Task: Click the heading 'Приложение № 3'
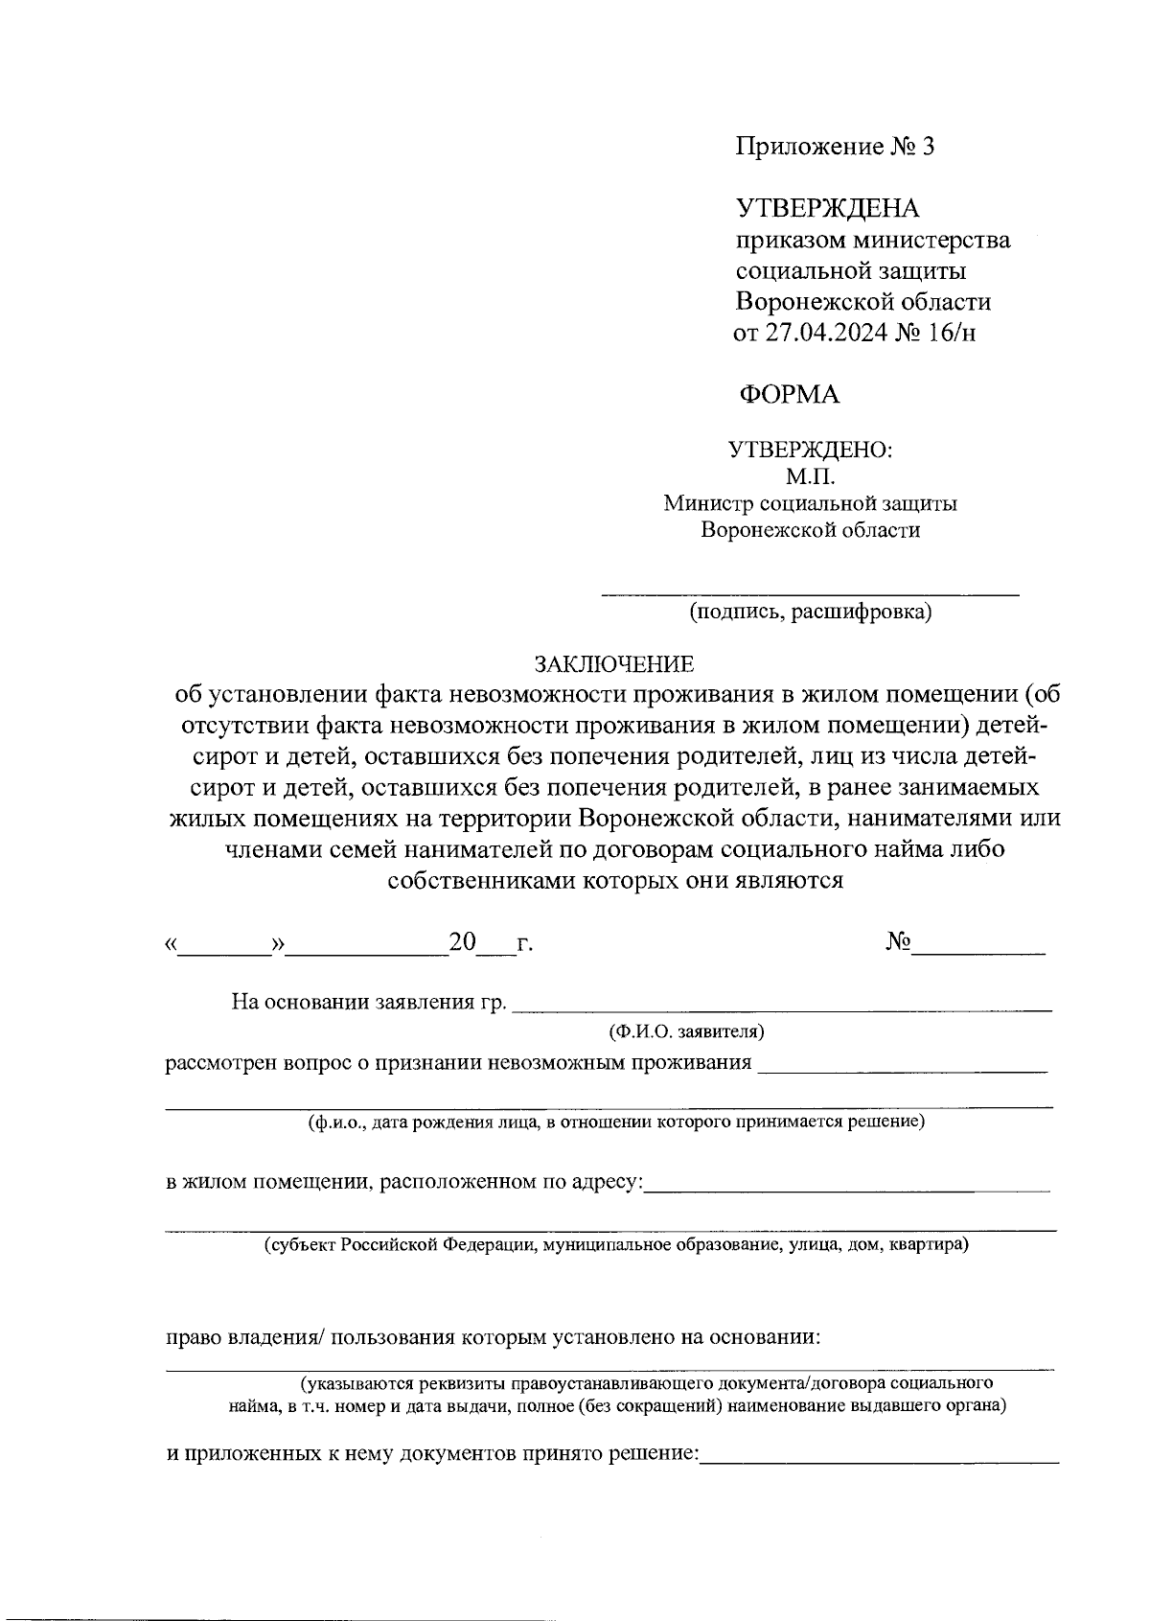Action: coord(834,148)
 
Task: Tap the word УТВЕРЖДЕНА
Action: coord(827,208)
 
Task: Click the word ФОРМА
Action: coord(789,394)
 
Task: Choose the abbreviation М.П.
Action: coord(811,476)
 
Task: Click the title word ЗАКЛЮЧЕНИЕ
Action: coord(613,664)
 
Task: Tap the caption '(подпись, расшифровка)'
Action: coord(811,613)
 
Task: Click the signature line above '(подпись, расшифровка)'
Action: coord(811,595)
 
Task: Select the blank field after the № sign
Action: coord(978,953)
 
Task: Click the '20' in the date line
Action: coord(463,942)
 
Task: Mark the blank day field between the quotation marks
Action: coord(226,953)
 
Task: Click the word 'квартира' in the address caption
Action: coord(928,1246)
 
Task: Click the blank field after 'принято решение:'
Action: coord(880,1459)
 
